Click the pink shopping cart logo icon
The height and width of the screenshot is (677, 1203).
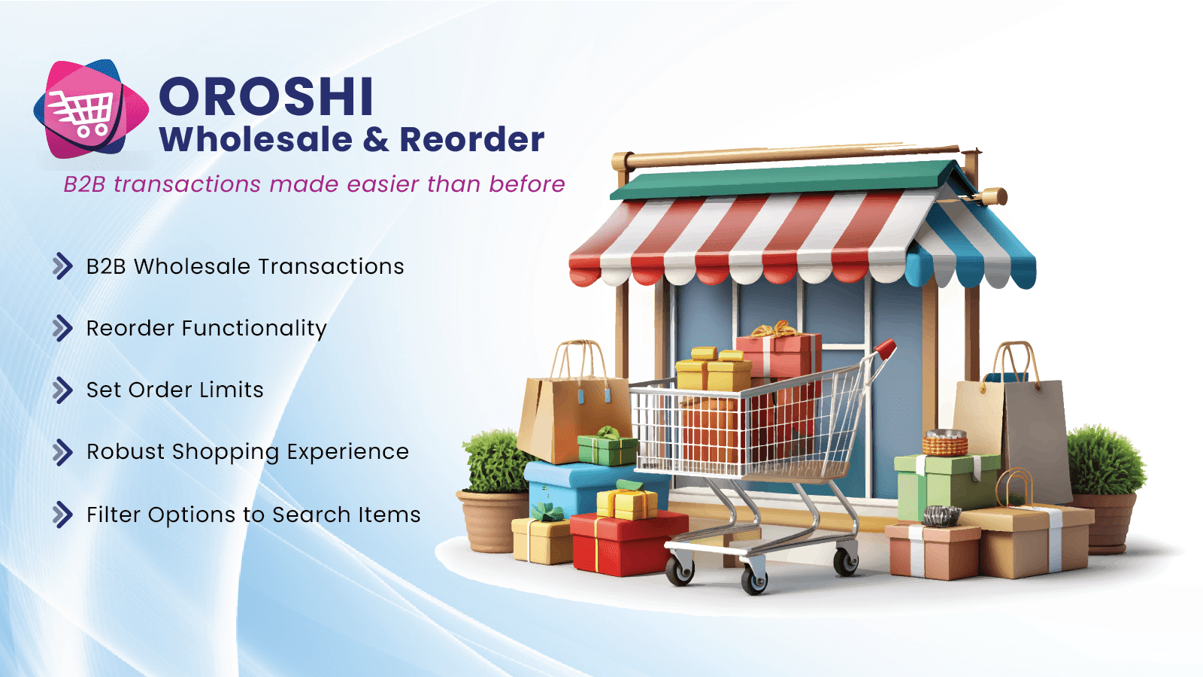(x=91, y=109)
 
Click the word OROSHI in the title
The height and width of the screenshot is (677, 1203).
(x=266, y=97)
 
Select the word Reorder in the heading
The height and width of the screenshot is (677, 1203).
(x=472, y=140)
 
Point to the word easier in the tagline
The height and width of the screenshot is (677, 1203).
(x=383, y=184)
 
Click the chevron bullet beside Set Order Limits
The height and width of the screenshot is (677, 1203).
(x=62, y=390)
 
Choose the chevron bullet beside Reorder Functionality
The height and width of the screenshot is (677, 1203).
(x=62, y=328)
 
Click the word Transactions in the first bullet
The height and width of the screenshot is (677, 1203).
(x=331, y=266)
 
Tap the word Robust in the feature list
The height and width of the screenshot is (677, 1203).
(x=125, y=451)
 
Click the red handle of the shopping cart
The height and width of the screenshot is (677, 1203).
(x=884, y=349)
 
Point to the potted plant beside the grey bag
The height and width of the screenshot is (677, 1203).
(x=1105, y=488)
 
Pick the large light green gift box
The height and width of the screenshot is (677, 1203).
(x=947, y=485)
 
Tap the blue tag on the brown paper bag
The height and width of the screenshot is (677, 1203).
(x=580, y=396)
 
